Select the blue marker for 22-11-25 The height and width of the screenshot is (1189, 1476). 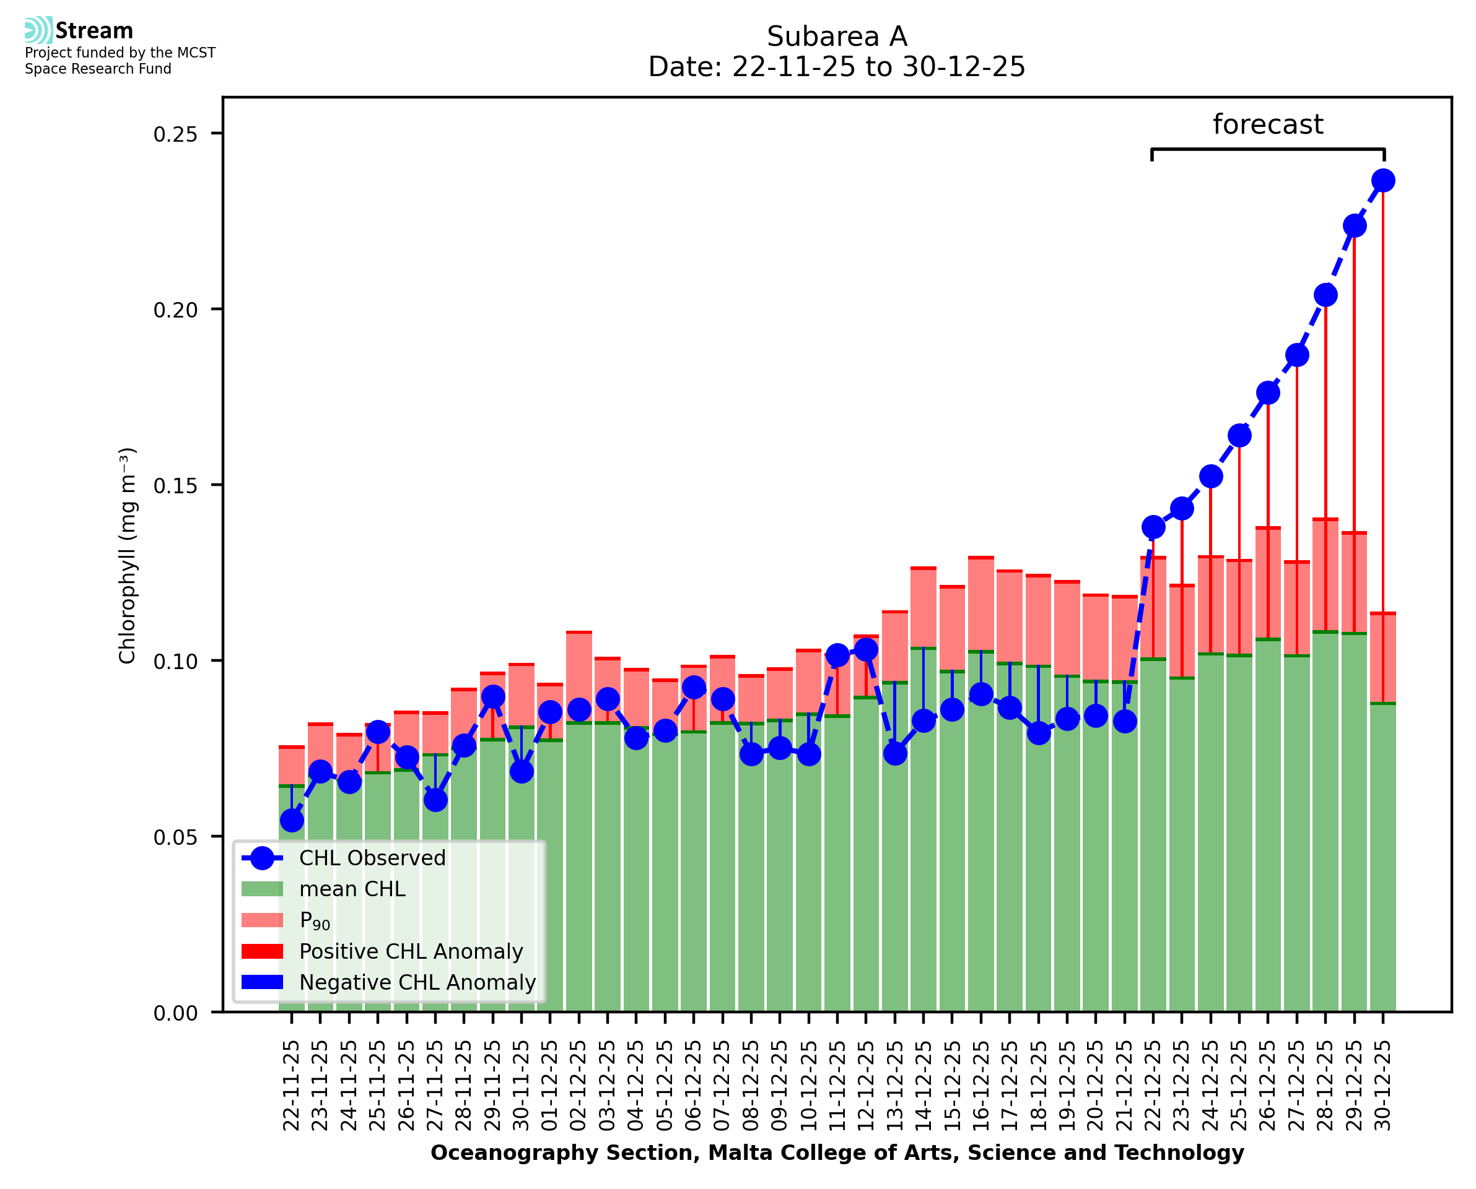coord(292,821)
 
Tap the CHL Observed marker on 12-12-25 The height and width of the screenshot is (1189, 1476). coord(866,649)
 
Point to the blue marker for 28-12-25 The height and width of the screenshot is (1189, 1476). coord(1325,295)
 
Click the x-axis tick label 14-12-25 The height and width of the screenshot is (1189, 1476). coord(924,1086)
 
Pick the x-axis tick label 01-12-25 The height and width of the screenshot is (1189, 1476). coord(550,1086)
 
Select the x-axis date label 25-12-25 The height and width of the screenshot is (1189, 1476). coord(1239,1086)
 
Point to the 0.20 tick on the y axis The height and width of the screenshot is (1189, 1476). coord(175,310)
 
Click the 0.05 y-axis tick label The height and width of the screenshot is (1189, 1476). coord(175,837)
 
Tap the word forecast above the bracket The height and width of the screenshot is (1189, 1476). coord(1268,124)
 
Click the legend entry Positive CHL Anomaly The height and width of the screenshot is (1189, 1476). coord(411,951)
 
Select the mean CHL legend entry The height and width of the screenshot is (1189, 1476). coord(352,889)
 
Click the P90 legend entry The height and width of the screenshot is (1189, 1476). coord(315,920)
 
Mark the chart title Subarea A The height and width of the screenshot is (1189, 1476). coord(837,37)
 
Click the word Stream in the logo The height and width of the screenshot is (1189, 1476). coord(94,31)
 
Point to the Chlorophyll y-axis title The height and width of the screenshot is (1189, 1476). coord(128,555)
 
